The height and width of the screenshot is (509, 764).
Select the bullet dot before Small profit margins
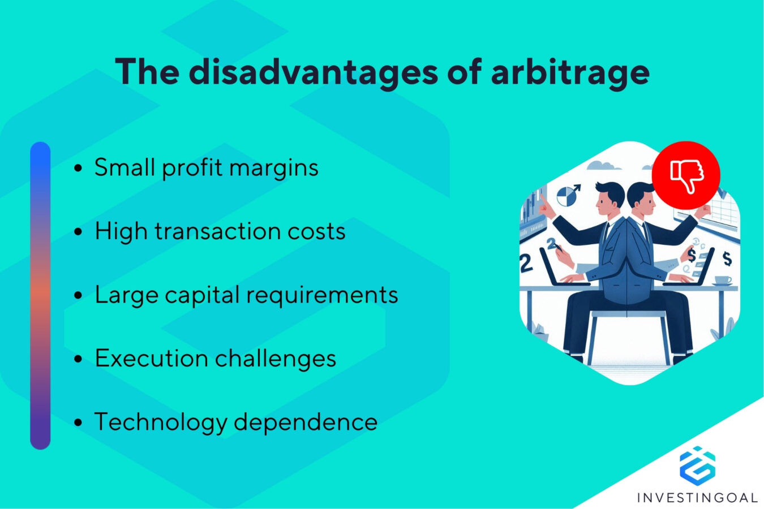coord(79,168)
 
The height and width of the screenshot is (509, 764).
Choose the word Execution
coord(151,359)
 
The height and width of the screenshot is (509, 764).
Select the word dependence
coord(306,422)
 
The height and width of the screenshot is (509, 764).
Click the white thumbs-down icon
coord(686,175)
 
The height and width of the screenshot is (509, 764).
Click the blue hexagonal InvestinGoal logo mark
coord(697,465)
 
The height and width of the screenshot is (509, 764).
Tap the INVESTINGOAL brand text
coord(697,498)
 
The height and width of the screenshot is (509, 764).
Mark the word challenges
coord(275,359)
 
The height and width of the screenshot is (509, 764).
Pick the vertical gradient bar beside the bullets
coord(40,295)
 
